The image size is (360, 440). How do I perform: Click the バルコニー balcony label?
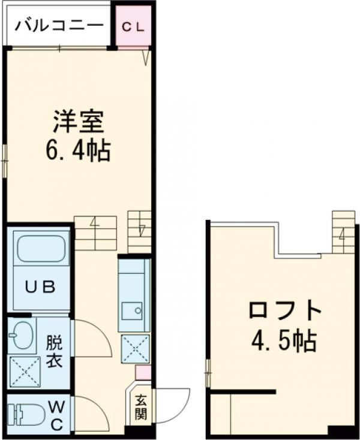coord(59,26)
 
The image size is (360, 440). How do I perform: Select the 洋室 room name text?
coord(78,123)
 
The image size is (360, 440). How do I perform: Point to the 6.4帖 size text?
coord(78,151)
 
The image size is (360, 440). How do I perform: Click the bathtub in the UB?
coord(41,250)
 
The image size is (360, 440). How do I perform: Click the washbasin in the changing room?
coord(23,336)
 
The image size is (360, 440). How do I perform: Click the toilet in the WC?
coord(28,414)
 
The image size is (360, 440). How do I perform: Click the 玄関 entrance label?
coord(141,406)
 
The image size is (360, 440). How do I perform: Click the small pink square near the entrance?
coord(142,372)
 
